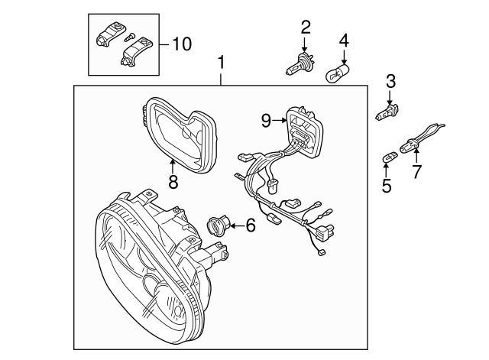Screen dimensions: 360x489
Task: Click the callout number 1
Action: click(x=222, y=60)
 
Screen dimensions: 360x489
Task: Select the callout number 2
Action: click(x=306, y=28)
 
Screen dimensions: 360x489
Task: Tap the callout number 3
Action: click(x=390, y=80)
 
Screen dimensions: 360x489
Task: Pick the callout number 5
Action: click(x=387, y=184)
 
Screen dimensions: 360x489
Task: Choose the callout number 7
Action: click(x=416, y=171)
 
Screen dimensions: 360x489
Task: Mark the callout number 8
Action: click(x=173, y=182)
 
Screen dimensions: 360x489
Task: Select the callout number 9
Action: click(x=265, y=119)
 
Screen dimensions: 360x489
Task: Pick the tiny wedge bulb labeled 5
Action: click(x=387, y=157)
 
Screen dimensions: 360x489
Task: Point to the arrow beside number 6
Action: click(x=236, y=225)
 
